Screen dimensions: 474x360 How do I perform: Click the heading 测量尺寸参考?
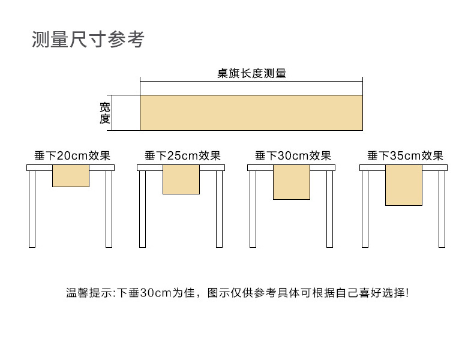[88, 40]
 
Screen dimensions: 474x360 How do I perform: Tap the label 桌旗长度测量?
[251, 74]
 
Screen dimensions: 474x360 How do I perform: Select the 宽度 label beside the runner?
[105, 113]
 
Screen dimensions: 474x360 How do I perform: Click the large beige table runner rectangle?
[251, 113]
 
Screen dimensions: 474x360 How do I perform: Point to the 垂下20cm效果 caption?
[73, 156]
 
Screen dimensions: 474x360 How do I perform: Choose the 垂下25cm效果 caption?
[183, 156]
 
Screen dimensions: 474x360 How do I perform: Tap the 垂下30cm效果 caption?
[293, 156]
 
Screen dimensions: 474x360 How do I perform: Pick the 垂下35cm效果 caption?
[405, 156]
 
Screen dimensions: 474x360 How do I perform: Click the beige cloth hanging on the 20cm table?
[71, 176]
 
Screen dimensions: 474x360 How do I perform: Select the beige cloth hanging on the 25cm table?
[181, 180]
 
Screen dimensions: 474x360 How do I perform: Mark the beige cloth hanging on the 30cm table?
[292, 183]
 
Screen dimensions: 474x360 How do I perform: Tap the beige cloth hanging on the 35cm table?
[403, 186]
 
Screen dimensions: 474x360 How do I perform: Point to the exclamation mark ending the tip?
[407, 293]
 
